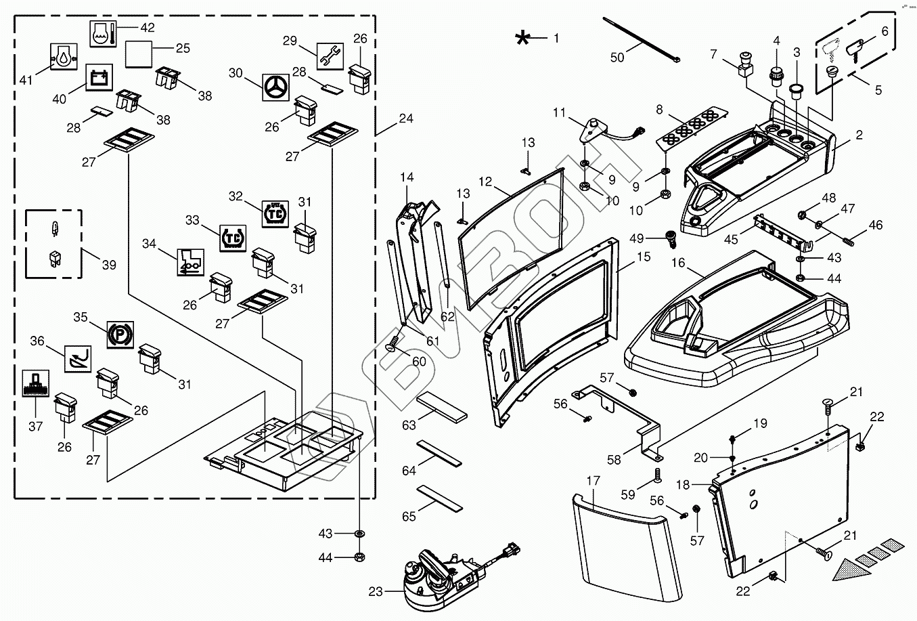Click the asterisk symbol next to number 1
522,39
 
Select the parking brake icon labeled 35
120,335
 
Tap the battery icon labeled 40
99,79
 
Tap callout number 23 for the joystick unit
376,592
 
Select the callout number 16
679,262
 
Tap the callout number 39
109,265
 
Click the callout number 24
405,119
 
